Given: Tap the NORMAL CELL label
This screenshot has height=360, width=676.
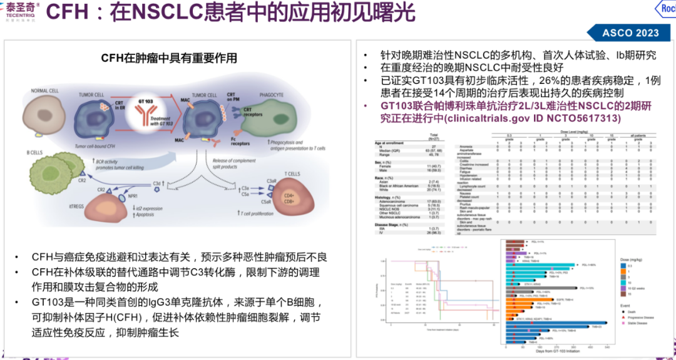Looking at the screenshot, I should coord(45,91).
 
